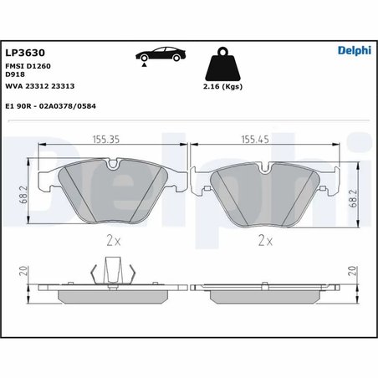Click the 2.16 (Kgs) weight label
tap(222, 87)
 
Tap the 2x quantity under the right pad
tap(264, 241)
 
